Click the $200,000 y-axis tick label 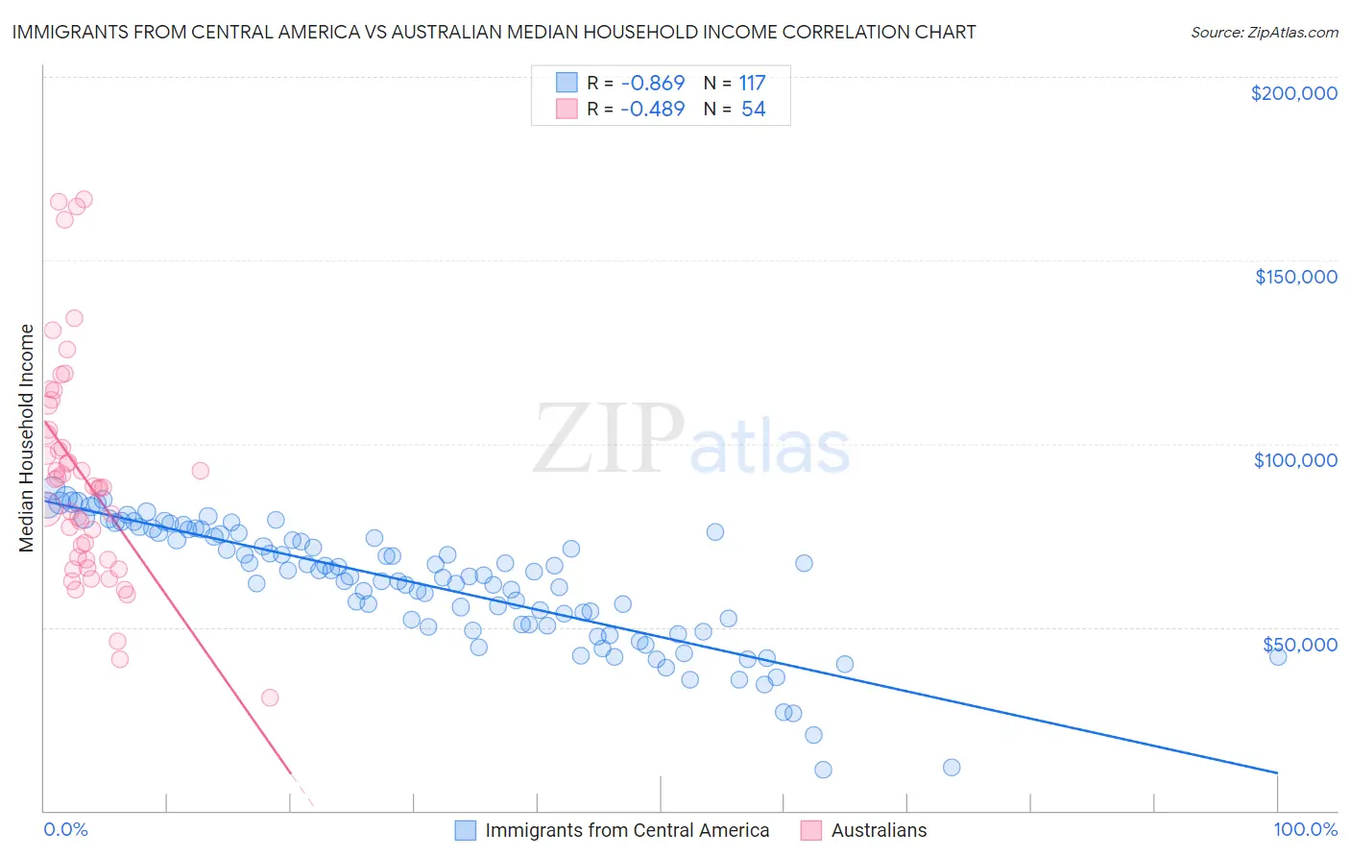click(x=1293, y=93)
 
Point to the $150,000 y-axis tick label click(x=1295, y=277)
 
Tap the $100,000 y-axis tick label click(x=1295, y=460)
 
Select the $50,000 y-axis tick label click(x=1299, y=644)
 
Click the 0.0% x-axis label click(x=65, y=829)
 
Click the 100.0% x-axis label click(x=1305, y=829)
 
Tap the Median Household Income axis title click(x=27, y=438)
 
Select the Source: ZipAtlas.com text click(x=1264, y=32)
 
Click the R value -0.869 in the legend click(x=652, y=84)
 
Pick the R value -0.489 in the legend click(x=652, y=110)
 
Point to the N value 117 click(x=752, y=84)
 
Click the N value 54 click(x=753, y=110)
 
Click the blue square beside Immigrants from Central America click(x=466, y=830)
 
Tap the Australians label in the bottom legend click(x=879, y=830)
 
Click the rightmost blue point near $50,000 click(x=1277, y=656)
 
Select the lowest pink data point click(x=270, y=698)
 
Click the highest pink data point click(x=84, y=200)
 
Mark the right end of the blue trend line click(x=1277, y=772)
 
